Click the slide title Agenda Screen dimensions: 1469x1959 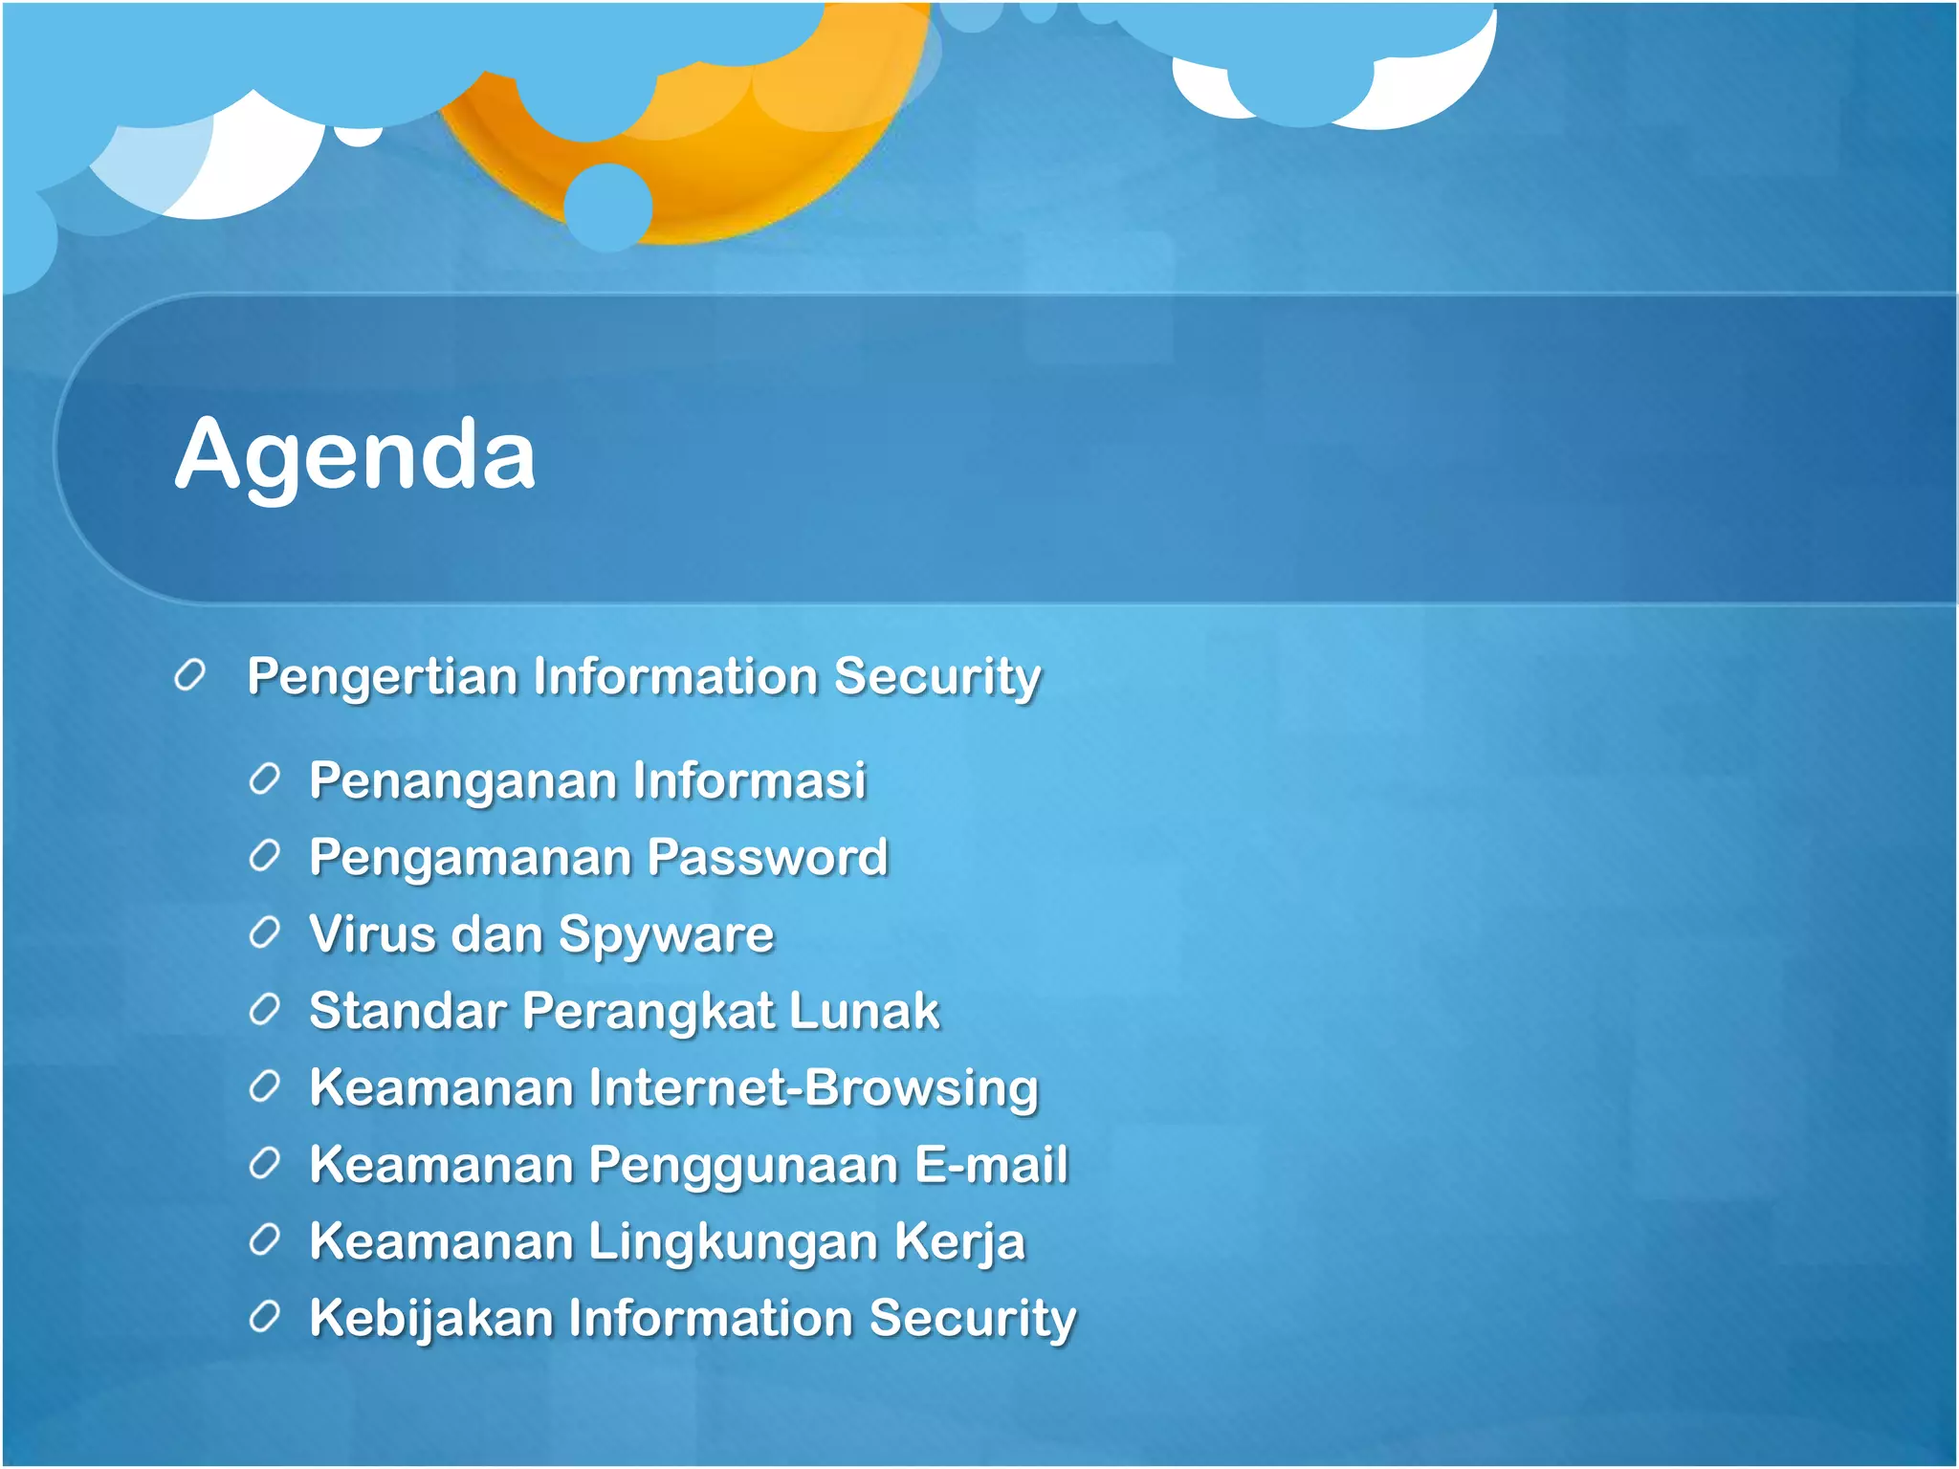[x=355, y=455]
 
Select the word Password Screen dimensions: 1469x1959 [x=768, y=857]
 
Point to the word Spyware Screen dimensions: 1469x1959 [x=666, y=935]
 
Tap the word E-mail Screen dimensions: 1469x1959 [x=991, y=1165]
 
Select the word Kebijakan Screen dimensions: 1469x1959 [x=431, y=1319]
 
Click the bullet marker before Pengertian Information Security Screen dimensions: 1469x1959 [x=190, y=675]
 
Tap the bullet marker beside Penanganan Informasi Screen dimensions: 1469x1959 [x=264, y=779]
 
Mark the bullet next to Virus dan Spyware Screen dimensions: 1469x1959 [x=264, y=932]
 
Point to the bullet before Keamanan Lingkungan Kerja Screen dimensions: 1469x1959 [x=264, y=1240]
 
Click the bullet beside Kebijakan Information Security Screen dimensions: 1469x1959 [x=264, y=1317]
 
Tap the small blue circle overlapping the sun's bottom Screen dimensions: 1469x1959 [x=608, y=207]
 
